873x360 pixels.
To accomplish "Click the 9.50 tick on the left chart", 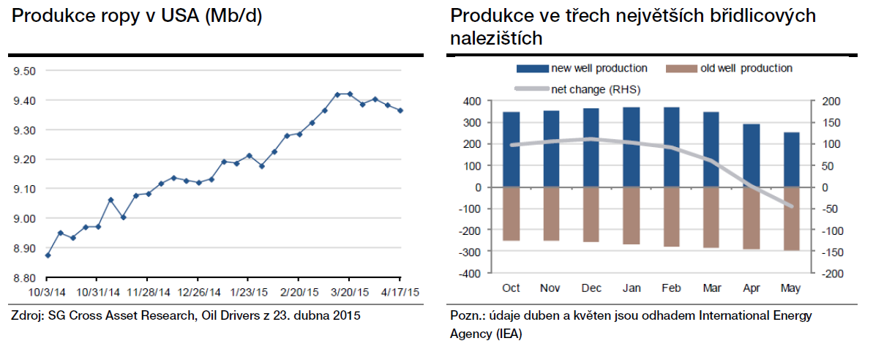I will [24, 71].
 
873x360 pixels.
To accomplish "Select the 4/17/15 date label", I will [400, 291].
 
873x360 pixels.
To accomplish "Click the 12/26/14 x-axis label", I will [198, 291].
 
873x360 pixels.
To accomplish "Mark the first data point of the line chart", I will [48, 255].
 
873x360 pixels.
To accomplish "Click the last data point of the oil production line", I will [400, 110].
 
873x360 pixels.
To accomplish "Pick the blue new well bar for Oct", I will [512, 149].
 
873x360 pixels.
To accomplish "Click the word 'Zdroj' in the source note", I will [26, 316].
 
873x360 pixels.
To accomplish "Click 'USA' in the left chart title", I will [146, 17].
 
